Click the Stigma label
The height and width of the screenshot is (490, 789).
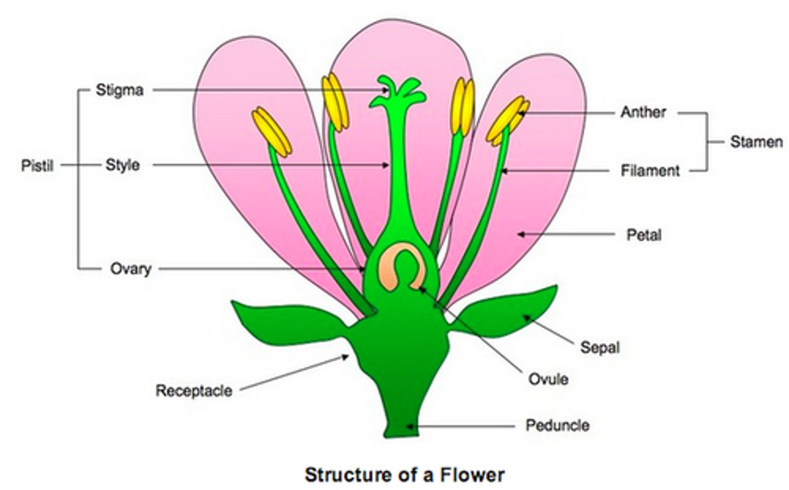point(119,90)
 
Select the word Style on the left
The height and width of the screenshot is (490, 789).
point(122,165)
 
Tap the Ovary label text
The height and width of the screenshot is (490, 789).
point(130,269)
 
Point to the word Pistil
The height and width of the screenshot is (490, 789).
point(37,165)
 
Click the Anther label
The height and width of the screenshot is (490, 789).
point(643,112)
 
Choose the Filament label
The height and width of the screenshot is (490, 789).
point(650,171)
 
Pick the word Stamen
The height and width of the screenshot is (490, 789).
point(756,142)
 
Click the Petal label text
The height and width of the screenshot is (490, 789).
point(644,235)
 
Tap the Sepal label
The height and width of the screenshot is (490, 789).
point(600,347)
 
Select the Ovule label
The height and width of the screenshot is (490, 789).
point(548,379)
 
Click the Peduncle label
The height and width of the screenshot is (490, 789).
point(557,425)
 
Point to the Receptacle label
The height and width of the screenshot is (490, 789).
point(194,391)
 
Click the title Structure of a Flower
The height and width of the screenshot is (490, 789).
point(404,474)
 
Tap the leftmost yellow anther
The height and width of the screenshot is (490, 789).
point(272,131)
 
